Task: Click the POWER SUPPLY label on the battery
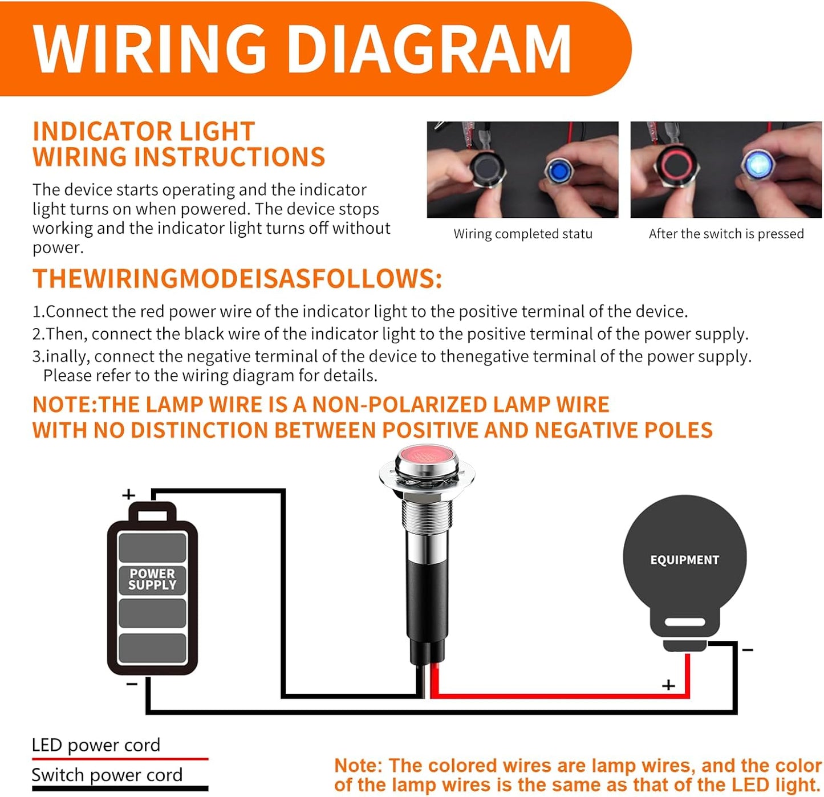(x=152, y=579)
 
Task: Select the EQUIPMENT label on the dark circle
(x=684, y=560)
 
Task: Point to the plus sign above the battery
(x=129, y=494)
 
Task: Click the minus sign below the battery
(x=132, y=684)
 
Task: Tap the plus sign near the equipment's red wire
(x=668, y=685)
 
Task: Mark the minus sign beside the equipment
(x=748, y=650)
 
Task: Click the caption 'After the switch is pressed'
(x=726, y=234)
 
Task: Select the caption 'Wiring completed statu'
(x=523, y=234)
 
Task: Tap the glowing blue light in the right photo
(x=758, y=165)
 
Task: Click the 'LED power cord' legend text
(x=96, y=745)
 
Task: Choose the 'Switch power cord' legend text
(x=107, y=775)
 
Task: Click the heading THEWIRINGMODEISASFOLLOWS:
(x=237, y=279)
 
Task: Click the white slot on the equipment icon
(x=685, y=622)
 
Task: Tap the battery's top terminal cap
(x=152, y=513)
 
